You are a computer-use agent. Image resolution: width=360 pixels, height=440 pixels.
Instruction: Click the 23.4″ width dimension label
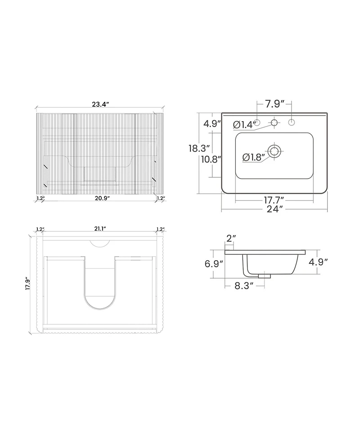point(100,104)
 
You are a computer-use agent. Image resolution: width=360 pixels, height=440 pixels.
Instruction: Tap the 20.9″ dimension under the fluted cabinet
point(102,198)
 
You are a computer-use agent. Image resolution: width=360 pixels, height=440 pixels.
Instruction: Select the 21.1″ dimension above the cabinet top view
point(100,229)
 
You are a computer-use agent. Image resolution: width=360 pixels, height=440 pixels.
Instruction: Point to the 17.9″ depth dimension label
point(27,284)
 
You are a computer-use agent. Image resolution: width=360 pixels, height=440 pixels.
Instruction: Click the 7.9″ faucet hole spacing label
point(275,104)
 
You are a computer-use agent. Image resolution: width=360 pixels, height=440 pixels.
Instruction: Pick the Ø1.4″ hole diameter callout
point(244,124)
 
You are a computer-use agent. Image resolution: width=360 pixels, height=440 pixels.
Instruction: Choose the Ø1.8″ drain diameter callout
point(254,157)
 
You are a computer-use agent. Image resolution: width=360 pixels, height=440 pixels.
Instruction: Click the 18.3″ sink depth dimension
point(199,148)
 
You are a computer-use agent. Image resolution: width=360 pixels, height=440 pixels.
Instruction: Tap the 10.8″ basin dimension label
point(211,159)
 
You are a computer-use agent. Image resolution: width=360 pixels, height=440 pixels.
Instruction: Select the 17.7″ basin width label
point(274,200)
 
